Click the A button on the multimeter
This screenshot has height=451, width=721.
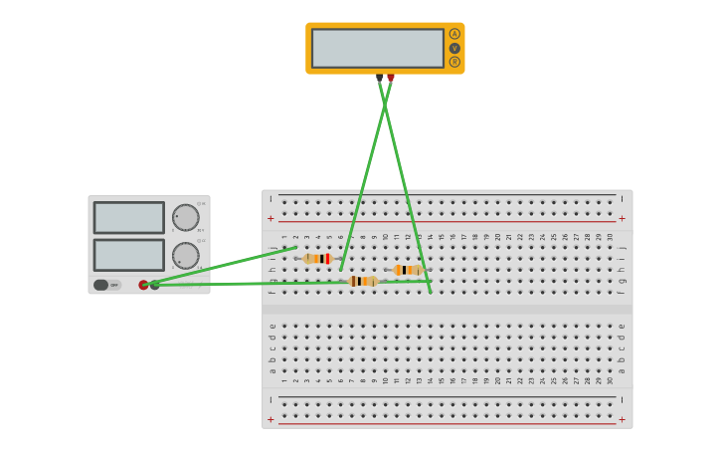pyautogui.click(x=454, y=34)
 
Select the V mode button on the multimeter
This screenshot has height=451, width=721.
pyautogui.click(x=454, y=48)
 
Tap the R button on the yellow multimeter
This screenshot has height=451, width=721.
pyautogui.click(x=454, y=62)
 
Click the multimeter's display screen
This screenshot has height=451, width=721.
pyautogui.click(x=378, y=48)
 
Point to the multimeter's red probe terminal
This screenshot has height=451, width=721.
pyautogui.click(x=391, y=77)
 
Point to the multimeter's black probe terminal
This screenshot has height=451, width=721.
pyautogui.click(x=379, y=77)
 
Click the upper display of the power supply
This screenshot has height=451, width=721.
pyautogui.click(x=129, y=218)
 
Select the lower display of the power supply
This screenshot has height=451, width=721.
pyautogui.click(x=129, y=255)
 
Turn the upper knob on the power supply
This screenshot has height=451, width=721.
pyautogui.click(x=185, y=218)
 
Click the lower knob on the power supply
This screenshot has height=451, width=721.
pyautogui.click(x=185, y=256)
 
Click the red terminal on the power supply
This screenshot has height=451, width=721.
pyautogui.click(x=143, y=285)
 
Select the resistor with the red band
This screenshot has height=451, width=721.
pyautogui.click(x=317, y=259)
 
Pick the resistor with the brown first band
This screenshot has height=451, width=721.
pyautogui.click(x=363, y=282)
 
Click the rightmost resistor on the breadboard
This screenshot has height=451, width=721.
pyautogui.click(x=408, y=270)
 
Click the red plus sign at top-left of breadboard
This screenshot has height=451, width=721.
pyautogui.click(x=270, y=218)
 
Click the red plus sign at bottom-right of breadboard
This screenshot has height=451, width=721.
pyautogui.click(x=623, y=419)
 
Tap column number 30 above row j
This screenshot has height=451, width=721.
pyautogui.click(x=610, y=237)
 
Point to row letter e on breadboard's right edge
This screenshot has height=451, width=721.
pyautogui.click(x=622, y=326)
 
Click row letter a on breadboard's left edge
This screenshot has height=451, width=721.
pyautogui.click(x=271, y=370)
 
